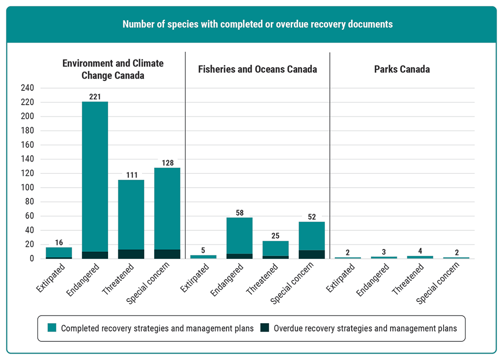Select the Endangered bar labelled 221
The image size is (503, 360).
tap(95, 177)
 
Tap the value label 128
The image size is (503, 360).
tap(167, 163)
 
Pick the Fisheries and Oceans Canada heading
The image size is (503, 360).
tap(257, 69)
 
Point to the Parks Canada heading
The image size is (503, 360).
tap(402, 69)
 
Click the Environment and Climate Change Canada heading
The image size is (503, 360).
tap(113, 70)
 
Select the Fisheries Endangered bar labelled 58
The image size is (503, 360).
tap(239, 236)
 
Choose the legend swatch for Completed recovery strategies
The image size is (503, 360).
tap(52, 329)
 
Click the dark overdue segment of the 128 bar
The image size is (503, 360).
tap(167, 254)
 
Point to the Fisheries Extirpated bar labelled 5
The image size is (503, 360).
tap(203, 256)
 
